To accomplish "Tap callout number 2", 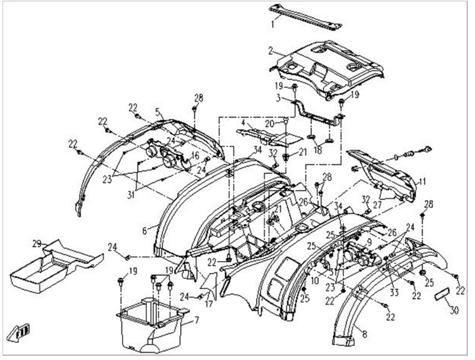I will [x=270, y=51].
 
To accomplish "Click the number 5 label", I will [x=159, y=111].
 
